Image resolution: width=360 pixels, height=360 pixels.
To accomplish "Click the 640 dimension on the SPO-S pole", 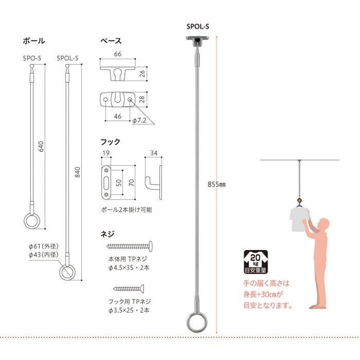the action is click(x=41, y=147).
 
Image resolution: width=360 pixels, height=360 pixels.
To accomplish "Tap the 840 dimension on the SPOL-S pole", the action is click(x=78, y=172).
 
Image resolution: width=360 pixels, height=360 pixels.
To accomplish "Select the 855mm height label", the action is click(x=217, y=184).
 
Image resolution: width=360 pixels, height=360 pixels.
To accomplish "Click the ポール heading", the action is click(x=34, y=41).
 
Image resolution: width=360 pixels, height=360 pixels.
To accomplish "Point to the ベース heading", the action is click(x=111, y=41).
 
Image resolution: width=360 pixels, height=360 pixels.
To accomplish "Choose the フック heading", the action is click(x=110, y=142).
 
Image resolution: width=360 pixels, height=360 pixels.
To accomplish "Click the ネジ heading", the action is click(x=107, y=234).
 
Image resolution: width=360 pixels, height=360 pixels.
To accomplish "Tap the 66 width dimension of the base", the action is click(x=118, y=54).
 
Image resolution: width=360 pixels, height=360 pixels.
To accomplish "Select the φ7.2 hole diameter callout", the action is click(x=139, y=120).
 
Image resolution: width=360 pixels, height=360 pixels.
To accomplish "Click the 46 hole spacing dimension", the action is click(x=118, y=116).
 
